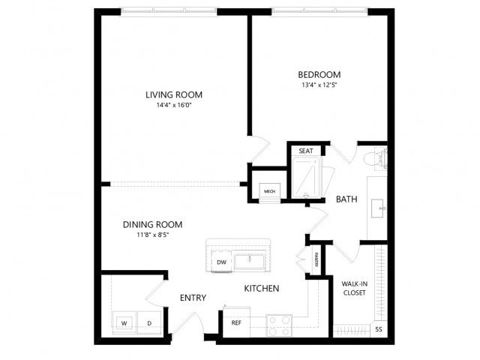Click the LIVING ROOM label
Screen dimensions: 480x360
click(174, 95)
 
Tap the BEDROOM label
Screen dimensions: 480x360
click(319, 75)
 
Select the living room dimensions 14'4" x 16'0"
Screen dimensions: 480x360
click(174, 105)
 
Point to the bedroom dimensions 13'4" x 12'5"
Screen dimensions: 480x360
click(319, 85)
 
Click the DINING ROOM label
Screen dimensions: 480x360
click(152, 225)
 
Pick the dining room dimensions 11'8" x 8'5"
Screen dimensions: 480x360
click(152, 235)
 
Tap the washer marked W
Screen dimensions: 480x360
click(124, 323)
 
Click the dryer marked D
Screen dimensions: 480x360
click(149, 323)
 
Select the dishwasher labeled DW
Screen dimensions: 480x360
click(221, 262)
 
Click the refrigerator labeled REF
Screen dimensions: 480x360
click(236, 322)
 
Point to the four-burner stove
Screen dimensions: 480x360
click(279, 325)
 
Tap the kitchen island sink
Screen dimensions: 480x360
click(250, 261)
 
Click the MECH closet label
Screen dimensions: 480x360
click(269, 191)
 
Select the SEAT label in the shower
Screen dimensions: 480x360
click(306, 151)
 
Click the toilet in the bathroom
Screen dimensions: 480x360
click(376, 158)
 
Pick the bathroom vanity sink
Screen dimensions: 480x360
click(378, 208)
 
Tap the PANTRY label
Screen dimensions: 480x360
click(316, 259)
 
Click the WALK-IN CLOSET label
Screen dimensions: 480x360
click(355, 288)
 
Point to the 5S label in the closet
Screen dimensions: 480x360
click(379, 329)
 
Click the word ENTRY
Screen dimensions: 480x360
click(193, 298)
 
